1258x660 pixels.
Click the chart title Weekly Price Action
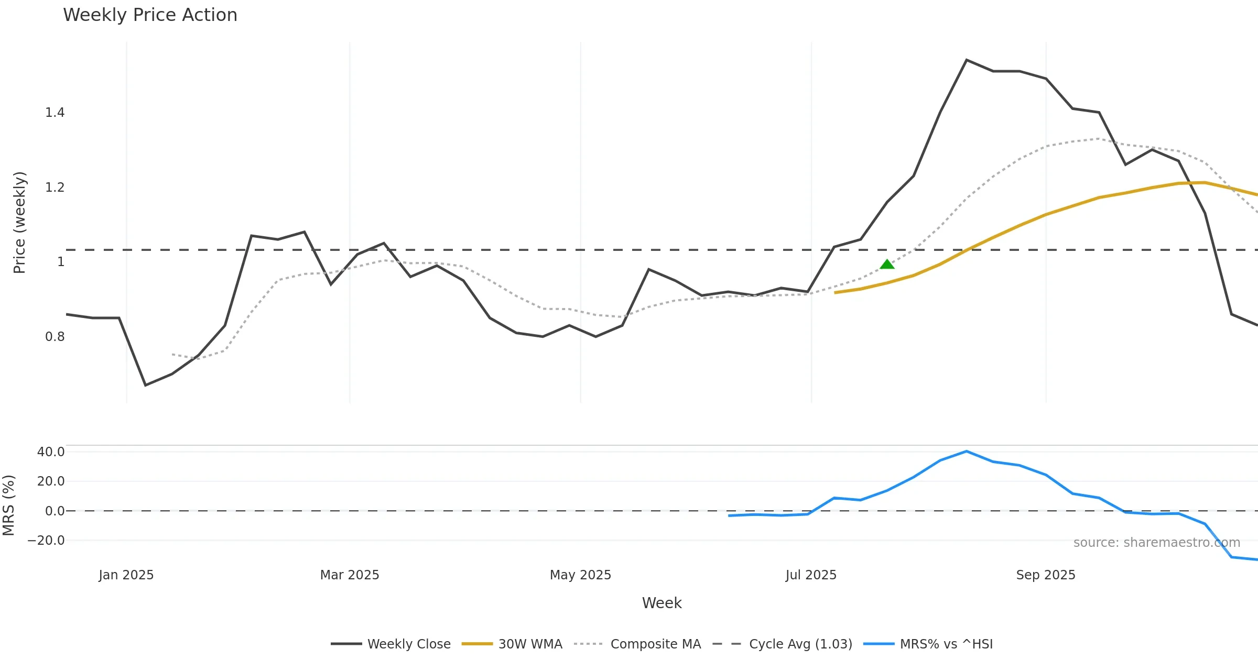click(x=150, y=15)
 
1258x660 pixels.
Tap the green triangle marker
click(x=887, y=265)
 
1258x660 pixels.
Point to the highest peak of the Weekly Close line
click(x=967, y=60)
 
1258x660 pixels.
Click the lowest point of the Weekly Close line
click(x=146, y=385)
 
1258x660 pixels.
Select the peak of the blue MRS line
click(x=967, y=452)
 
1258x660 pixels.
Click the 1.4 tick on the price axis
click(x=55, y=113)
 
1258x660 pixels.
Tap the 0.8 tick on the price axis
click(x=55, y=337)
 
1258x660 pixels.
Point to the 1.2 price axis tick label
click(x=55, y=188)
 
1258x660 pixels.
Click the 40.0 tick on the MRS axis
click(x=51, y=452)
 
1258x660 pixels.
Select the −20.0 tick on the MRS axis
click(x=47, y=541)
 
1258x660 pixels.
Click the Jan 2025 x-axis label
click(x=126, y=575)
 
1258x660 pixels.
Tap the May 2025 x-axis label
click(x=580, y=575)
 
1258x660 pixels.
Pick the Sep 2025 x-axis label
click(x=1046, y=575)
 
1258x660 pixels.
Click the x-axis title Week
click(x=661, y=603)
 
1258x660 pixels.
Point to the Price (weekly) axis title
click(x=19, y=223)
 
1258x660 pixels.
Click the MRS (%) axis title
click(x=8, y=505)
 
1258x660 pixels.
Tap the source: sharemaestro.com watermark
click(x=1156, y=543)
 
